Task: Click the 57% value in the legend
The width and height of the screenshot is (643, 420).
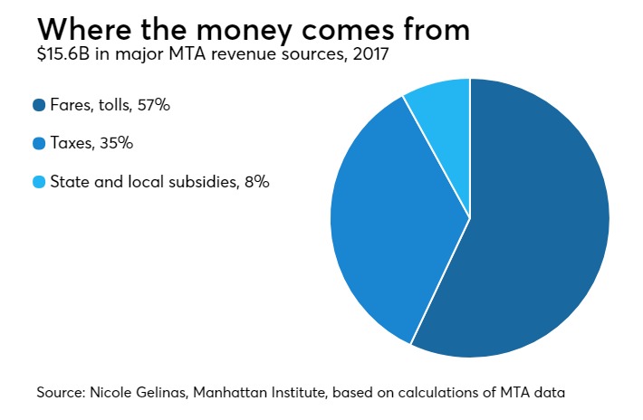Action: (x=154, y=105)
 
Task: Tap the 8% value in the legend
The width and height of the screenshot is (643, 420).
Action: (x=257, y=182)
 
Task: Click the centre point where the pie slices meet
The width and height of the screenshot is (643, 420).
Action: (x=470, y=218)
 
